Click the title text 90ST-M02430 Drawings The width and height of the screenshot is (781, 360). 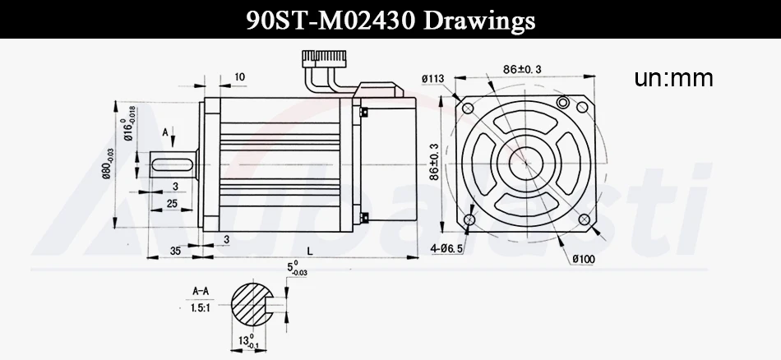point(390,20)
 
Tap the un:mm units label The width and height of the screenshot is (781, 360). point(673,78)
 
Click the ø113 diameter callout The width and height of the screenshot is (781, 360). point(432,79)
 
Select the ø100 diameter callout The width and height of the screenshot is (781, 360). point(584,259)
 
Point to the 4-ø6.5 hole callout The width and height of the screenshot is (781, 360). point(447,247)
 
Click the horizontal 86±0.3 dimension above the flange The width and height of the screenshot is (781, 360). point(521,69)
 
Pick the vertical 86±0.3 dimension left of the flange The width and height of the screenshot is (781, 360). point(434,162)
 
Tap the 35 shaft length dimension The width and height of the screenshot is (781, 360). point(175,251)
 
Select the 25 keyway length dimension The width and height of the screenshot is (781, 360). point(172,204)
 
